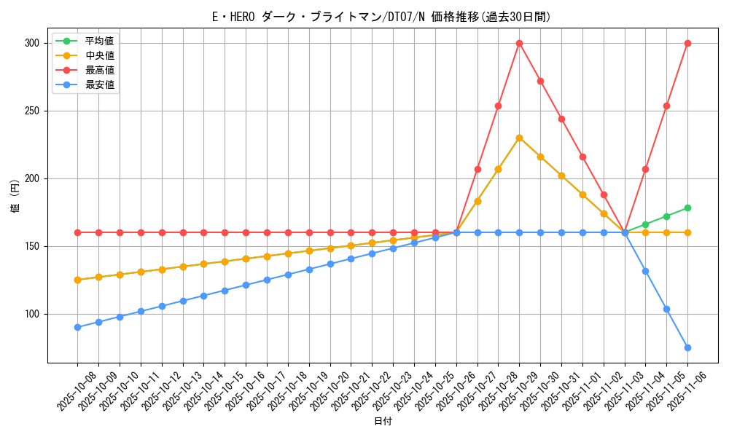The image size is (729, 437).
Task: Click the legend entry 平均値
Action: click(99, 41)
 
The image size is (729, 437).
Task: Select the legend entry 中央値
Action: click(99, 55)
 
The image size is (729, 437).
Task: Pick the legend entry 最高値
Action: click(99, 70)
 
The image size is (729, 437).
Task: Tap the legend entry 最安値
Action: click(99, 84)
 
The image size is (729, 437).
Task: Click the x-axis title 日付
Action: click(383, 422)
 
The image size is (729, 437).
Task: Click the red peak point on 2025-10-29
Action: click(519, 43)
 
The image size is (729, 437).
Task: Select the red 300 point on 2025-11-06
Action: click(687, 43)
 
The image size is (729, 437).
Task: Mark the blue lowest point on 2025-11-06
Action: click(687, 347)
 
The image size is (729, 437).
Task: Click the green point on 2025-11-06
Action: click(687, 208)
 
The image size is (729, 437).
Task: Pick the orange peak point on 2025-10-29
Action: click(519, 138)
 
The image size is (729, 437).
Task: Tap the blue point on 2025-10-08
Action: click(77, 327)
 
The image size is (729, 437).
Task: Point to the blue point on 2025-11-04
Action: click(645, 271)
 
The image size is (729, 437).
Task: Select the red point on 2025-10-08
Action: click(77, 232)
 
